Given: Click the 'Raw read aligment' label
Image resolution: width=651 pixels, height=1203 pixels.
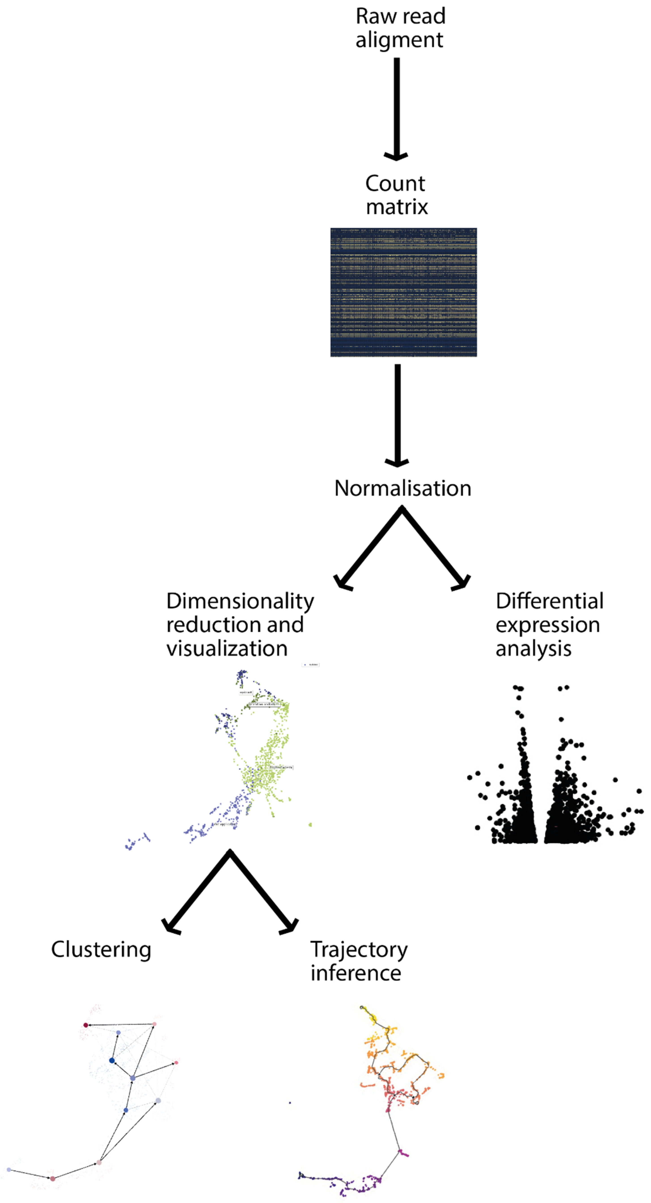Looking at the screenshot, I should [x=400, y=28].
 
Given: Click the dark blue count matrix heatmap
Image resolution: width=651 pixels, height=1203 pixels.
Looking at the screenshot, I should [x=403, y=292].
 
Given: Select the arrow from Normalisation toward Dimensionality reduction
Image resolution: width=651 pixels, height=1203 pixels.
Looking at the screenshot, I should [x=369, y=549].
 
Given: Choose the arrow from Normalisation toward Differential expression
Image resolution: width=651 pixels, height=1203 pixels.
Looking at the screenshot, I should [x=436, y=549].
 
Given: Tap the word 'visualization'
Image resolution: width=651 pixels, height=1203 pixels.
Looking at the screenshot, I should [x=227, y=649].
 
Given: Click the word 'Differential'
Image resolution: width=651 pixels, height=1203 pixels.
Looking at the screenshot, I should [x=549, y=601].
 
